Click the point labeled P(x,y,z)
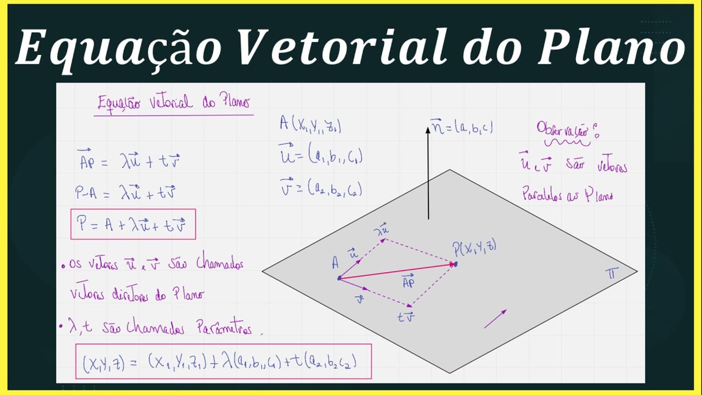pyautogui.click(x=455, y=264)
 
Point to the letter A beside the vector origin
pyautogui.click(x=335, y=264)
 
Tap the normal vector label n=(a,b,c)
pyautogui.click(x=462, y=128)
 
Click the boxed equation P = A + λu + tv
pyautogui.click(x=133, y=224)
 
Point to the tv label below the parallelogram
pyautogui.click(x=406, y=317)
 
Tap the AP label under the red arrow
pyautogui.click(x=408, y=282)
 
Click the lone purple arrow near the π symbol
pyautogui.click(x=495, y=319)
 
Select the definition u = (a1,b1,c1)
pyautogui.click(x=321, y=157)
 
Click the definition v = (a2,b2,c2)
pyautogui.click(x=321, y=188)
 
